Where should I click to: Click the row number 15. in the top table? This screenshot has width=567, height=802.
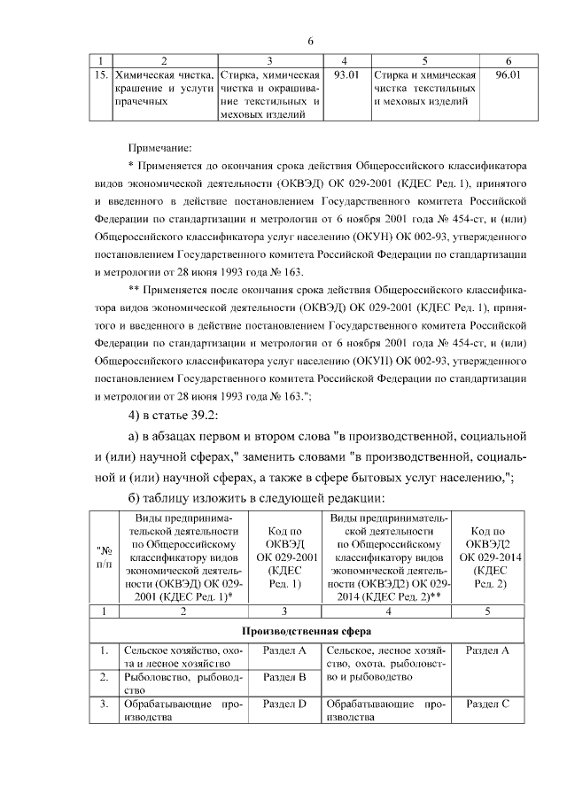[x=101, y=74]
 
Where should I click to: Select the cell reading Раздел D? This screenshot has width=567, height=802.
[x=285, y=704]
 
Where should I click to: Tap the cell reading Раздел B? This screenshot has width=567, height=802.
[x=285, y=677]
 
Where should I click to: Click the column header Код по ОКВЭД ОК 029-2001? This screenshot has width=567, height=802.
[x=286, y=558]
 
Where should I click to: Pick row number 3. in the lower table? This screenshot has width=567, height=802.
[x=104, y=704]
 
